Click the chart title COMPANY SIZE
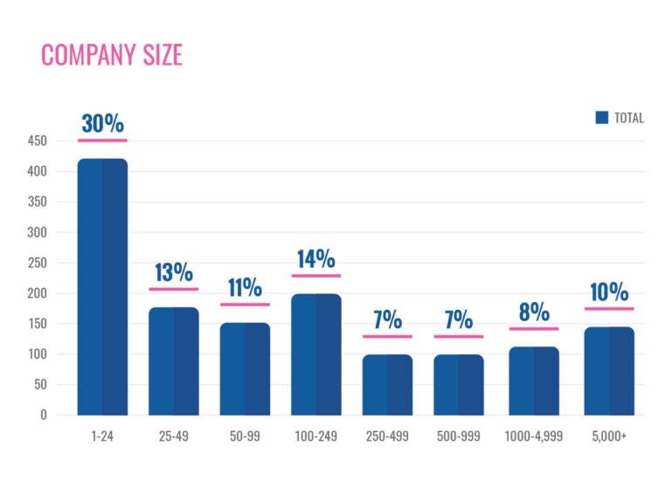pos(112,55)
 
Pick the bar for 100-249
pos(315,353)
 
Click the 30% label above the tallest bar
pos(102,123)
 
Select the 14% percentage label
pos(315,259)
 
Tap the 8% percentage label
pos(534,312)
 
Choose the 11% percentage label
pos(245,287)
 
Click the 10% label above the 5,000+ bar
pos(609,292)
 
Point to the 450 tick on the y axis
pos(36,141)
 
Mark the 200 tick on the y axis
pos(36,293)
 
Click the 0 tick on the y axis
pos(43,415)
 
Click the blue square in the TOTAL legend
pos(601,118)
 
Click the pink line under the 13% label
pos(173,289)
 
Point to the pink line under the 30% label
pos(102,140)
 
